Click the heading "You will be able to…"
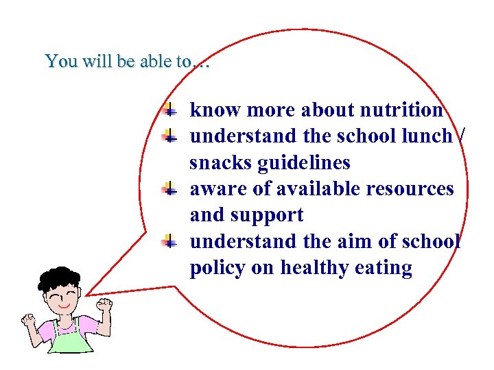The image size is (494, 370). point(126,61)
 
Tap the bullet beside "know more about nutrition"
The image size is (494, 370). point(169,109)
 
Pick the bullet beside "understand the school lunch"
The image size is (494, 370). point(169,136)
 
